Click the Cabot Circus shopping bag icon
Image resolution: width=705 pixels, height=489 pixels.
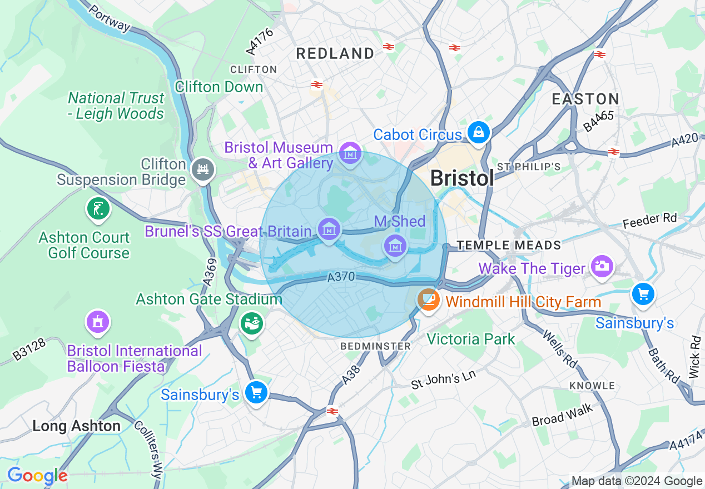(x=478, y=132)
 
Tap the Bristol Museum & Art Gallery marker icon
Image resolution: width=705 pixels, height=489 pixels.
(x=350, y=152)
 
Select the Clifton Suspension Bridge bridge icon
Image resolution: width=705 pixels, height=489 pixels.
(x=202, y=169)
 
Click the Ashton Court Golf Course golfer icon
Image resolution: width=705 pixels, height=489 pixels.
(x=98, y=209)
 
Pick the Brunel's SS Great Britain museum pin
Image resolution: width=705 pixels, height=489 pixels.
(x=329, y=228)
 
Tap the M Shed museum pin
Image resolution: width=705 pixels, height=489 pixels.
(x=395, y=245)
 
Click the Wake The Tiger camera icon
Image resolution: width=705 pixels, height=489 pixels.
(x=600, y=266)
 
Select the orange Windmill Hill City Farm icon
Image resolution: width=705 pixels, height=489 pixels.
(x=429, y=300)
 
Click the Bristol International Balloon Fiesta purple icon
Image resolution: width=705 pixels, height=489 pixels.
(x=98, y=322)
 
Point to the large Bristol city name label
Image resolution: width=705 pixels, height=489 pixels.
(x=462, y=178)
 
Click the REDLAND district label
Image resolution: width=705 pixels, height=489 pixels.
(x=335, y=54)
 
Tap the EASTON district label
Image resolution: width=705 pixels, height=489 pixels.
(x=585, y=99)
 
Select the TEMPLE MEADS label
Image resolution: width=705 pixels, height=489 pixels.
(x=509, y=245)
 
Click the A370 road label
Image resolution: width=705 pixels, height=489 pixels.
(x=341, y=277)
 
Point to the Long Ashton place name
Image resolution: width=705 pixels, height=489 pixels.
(x=77, y=426)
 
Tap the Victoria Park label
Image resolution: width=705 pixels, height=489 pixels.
(x=471, y=339)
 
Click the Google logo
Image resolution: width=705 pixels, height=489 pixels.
(x=37, y=476)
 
